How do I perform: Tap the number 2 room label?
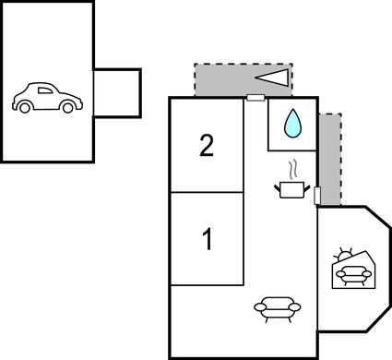point(207,145)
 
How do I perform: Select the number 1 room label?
point(208,239)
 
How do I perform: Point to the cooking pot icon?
point(291,188)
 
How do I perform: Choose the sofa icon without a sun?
point(278,306)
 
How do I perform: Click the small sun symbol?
point(344,254)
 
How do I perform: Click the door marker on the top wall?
point(255,96)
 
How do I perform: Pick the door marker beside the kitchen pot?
point(318,196)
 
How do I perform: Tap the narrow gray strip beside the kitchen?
point(329,157)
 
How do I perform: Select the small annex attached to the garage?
point(117,92)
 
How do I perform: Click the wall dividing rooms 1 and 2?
point(208,192)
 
